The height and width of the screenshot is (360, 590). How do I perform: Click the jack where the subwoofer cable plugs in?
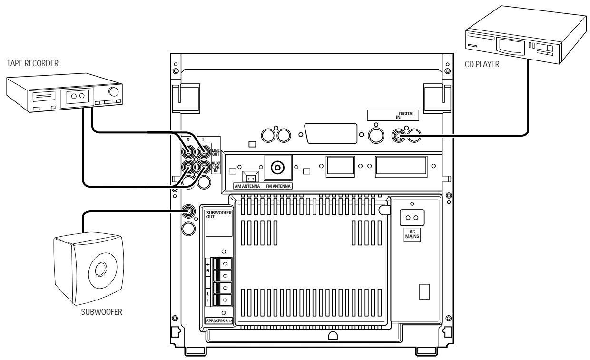189,211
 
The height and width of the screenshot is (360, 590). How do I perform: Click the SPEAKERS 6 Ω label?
218,321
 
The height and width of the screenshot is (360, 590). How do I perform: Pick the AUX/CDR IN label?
215,168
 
